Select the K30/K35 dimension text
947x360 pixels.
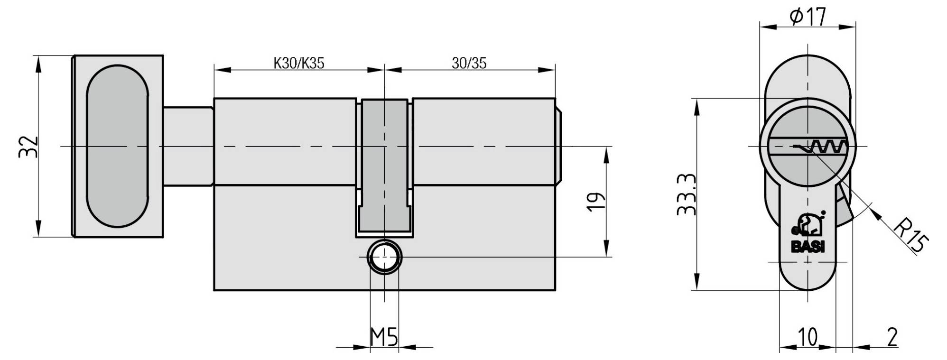299,63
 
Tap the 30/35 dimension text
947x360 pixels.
469,63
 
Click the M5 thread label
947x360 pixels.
384,338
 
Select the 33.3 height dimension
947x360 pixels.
687,194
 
